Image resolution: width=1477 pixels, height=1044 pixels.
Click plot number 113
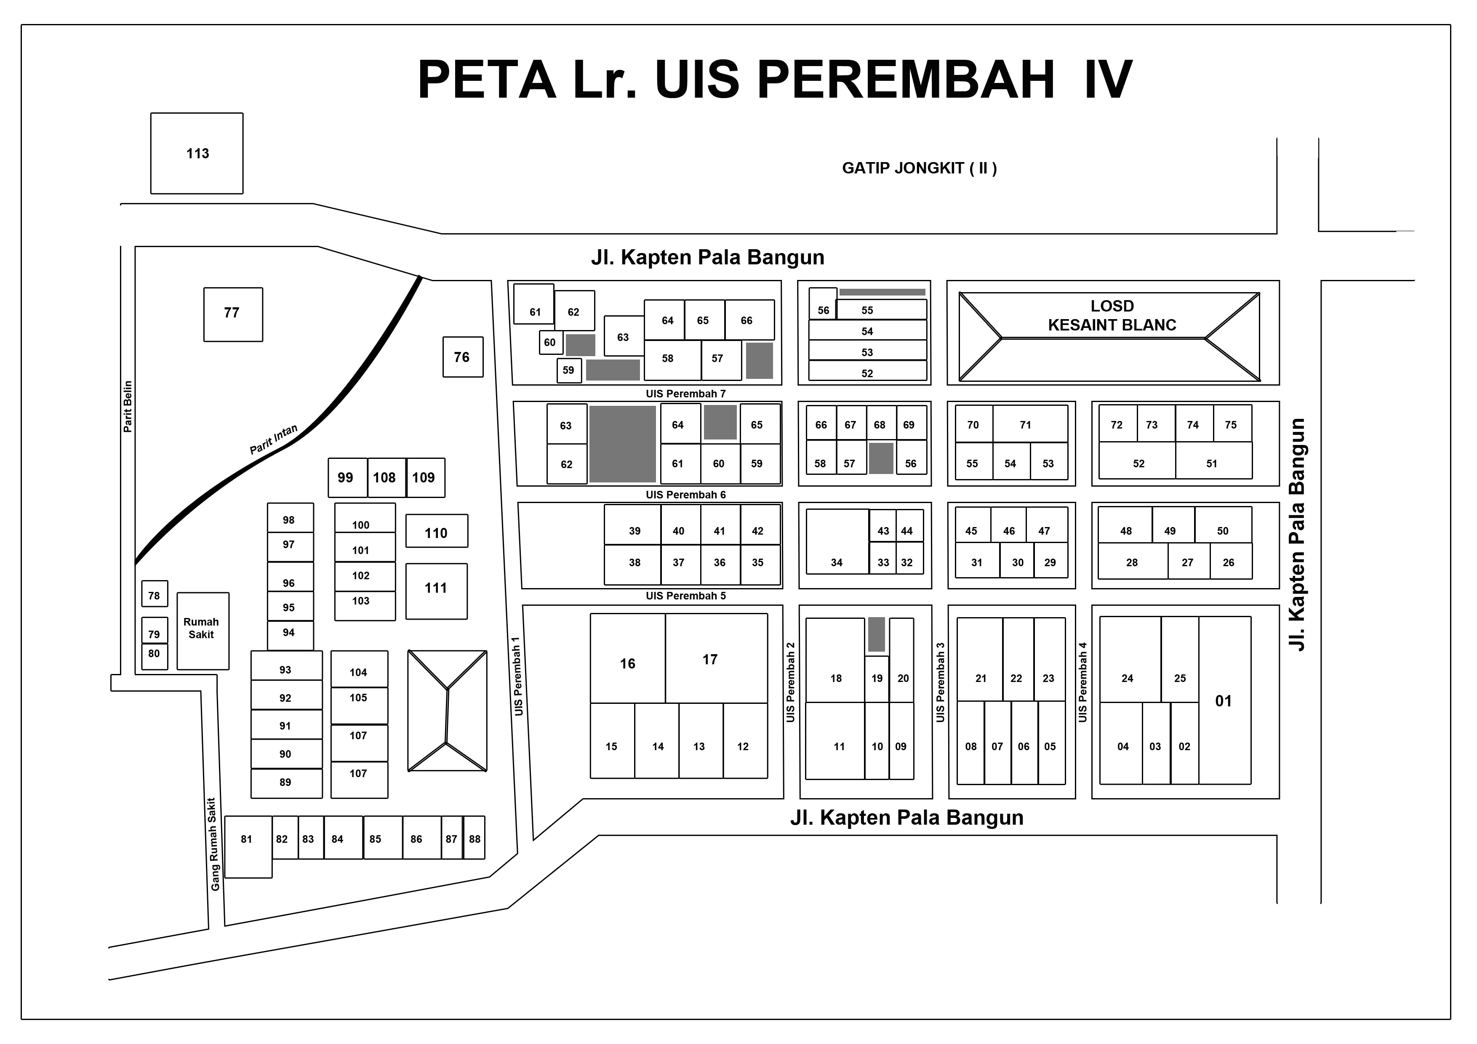pyautogui.click(x=197, y=153)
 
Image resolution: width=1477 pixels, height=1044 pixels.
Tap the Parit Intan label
pyautogui.click(x=273, y=439)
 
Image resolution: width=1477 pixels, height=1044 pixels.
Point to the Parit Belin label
pyautogui.click(x=128, y=407)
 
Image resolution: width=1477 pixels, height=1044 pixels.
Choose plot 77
pyautogui.click(x=233, y=314)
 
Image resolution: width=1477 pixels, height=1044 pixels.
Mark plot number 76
pyautogui.click(x=463, y=357)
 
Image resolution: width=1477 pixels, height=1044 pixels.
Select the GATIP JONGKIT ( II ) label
pyautogui.click(x=919, y=168)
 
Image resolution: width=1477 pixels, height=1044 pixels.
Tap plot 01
pyautogui.click(x=1224, y=700)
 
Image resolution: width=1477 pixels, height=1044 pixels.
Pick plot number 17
pyautogui.click(x=716, y=658)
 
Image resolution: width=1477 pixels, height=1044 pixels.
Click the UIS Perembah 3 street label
pyautogui.click(x=941, y=682)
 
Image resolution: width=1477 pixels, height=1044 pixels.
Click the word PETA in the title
pyautogui.click(x=487, y=80)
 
